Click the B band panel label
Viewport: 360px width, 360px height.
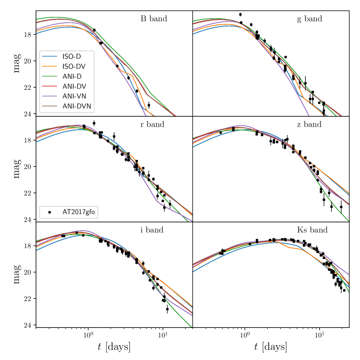[154, 19]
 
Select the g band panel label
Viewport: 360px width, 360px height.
[309, 19]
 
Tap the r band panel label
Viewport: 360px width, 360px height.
[152, 124]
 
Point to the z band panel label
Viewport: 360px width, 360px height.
[309, 124]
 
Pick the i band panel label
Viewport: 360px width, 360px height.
[152, 230]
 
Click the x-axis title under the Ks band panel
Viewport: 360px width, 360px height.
[271, 347]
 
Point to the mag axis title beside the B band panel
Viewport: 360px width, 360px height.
[16, 63]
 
